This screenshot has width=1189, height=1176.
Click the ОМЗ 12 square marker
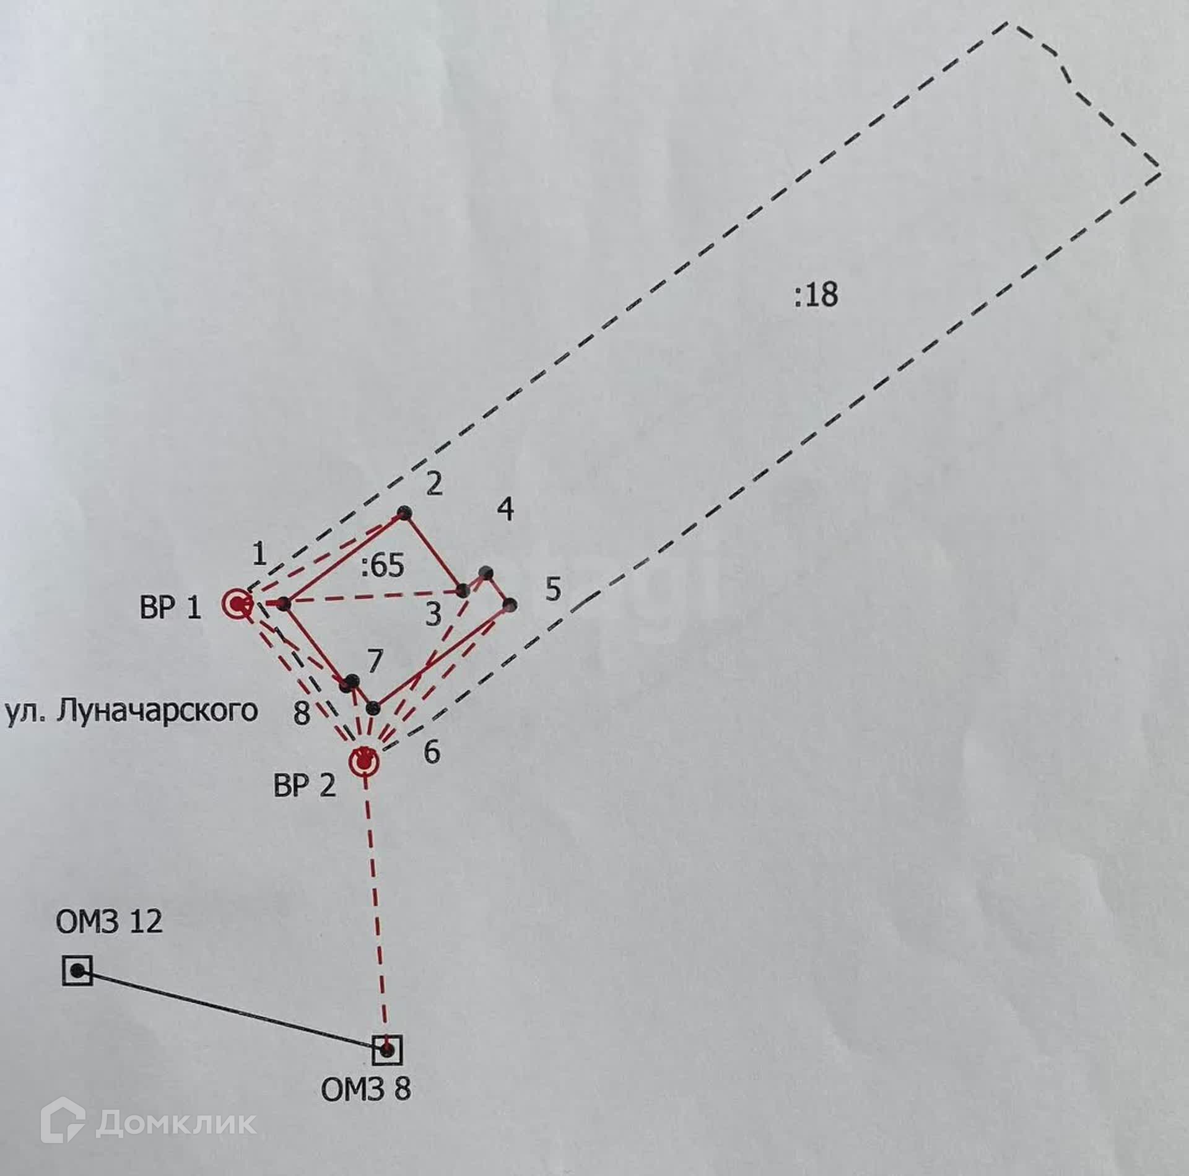78,970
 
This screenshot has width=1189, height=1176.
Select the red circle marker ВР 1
238,604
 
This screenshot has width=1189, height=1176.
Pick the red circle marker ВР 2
365,761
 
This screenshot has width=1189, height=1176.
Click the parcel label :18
816,295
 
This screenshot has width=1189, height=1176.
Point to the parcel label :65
383,565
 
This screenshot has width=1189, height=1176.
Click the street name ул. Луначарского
132,712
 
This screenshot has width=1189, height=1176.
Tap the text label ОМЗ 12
109,921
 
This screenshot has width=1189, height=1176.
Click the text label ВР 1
170,608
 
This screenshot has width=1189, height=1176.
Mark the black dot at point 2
405,513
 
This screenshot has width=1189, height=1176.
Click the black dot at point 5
510,604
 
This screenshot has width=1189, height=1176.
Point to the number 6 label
432,752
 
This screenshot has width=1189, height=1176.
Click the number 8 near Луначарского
301,713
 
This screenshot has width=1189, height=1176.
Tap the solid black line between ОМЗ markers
232,1010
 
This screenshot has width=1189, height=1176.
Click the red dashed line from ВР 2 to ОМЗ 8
377,904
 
